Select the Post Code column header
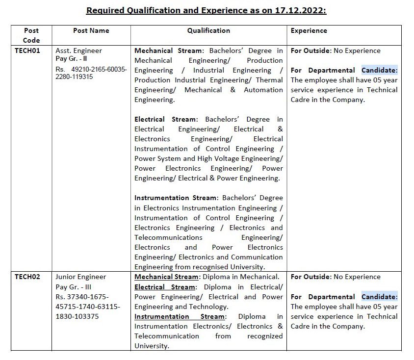[x=31, y=35]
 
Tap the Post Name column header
[x=91, y=30]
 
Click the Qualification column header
[x=208, y=30]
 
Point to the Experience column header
[x=309, y=30]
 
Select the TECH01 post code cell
[x=27, y=51]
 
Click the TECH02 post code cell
[x=27, y=277]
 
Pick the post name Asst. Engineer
[x=78, y=51]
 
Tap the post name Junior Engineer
[x=80, y=277]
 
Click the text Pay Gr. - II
[x=71, y=59]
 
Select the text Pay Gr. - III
[x=73, y=287]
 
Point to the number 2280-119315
[x=74, y=77]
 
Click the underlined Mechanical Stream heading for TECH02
[x=166, y=277]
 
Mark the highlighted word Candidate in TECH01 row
[x=380, y=70]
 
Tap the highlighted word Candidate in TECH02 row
[x=380, y=297]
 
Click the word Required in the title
[x=105, y=10]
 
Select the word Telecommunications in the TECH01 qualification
[x=168, y=237]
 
